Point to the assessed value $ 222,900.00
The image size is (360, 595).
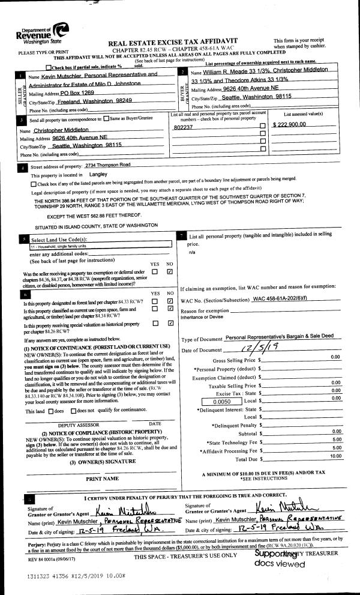(x=290, y=124)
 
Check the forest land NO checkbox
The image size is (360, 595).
(x=170, y=300)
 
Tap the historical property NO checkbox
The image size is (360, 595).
(x=170, y=323)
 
